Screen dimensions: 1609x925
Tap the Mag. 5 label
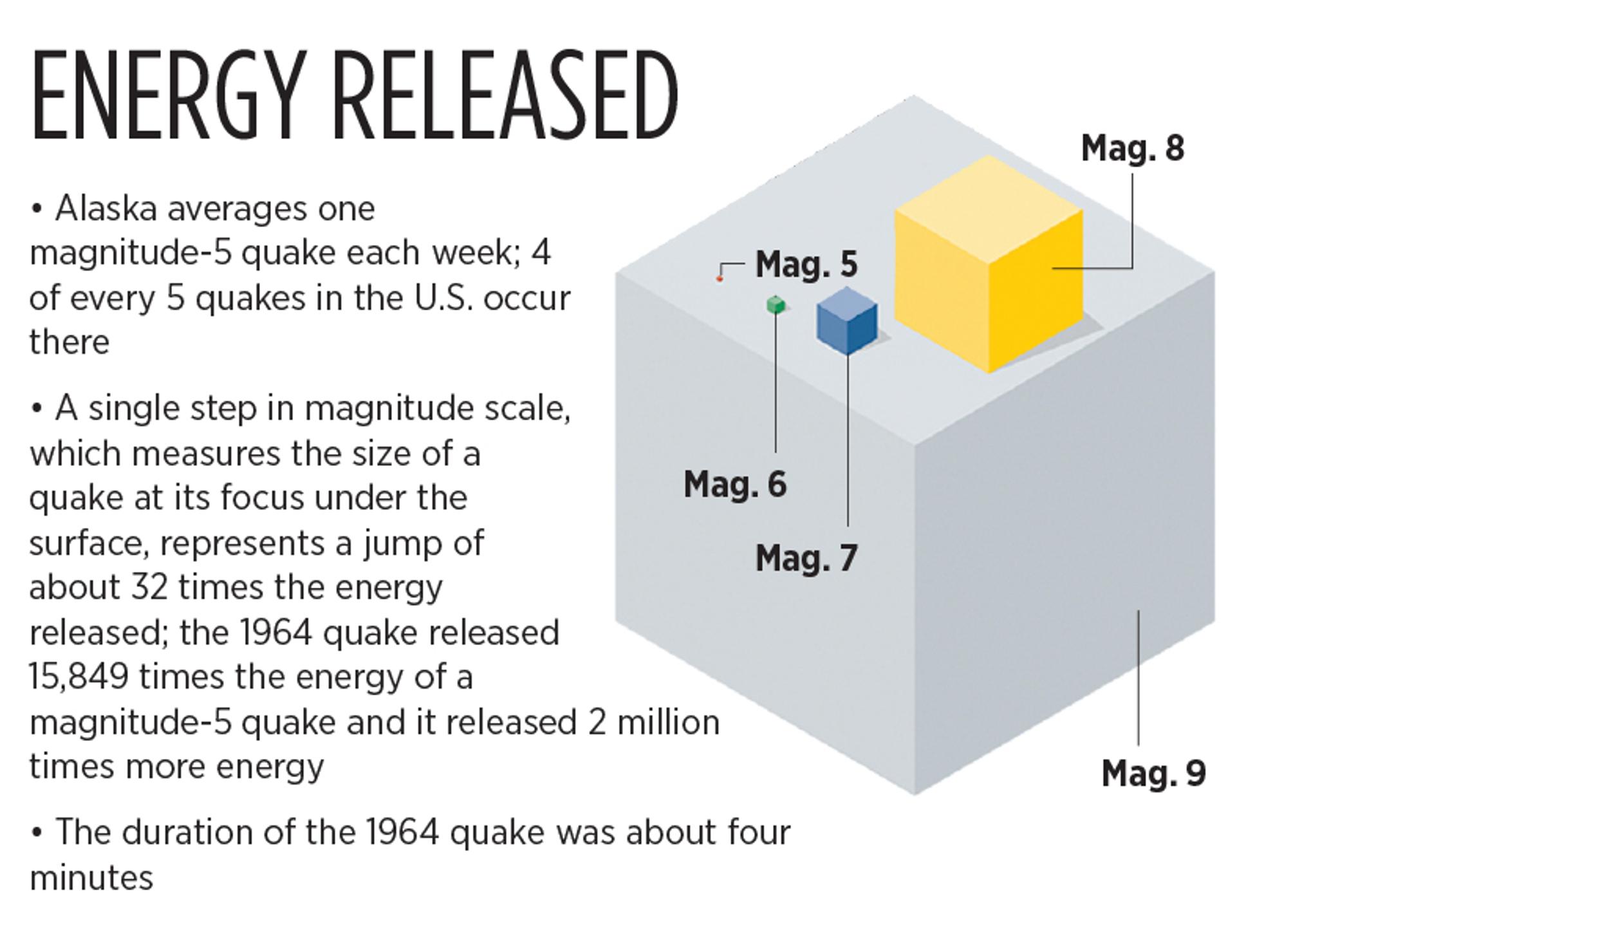tap(806, 264)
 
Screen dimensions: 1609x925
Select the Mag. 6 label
tap(735, 484)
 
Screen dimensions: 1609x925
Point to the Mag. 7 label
tap(806, 557)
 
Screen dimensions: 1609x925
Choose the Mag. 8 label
tap(1133, 148)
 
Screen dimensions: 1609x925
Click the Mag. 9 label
tap(1153, 772)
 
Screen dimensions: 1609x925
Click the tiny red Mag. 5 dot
tap(720, 279)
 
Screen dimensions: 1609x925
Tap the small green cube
tap(776, 304)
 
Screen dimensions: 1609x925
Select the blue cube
tap(847, 321)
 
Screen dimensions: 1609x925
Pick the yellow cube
tap(989, 264)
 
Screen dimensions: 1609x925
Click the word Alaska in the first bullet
tap(106, 209)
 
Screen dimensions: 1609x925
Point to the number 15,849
tap(79, 677)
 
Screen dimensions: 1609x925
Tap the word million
tap(668, 722)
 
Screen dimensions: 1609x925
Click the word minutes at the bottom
tap(91, 878)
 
